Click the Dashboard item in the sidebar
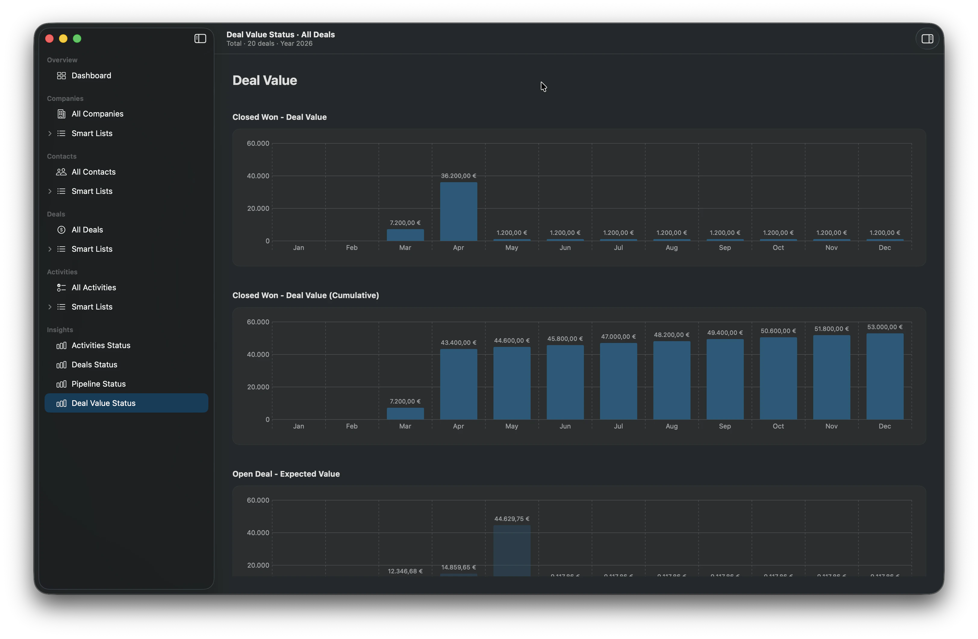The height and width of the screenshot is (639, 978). (x=91, y=76)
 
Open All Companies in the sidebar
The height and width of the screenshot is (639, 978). (x=97, y=114)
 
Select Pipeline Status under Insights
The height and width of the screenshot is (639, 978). (x=98, y=384)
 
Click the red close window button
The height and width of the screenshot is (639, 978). (x=49, y=39)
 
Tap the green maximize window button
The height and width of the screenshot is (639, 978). (x=77, y=39)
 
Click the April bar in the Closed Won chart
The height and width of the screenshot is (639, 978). (x=458, y=212)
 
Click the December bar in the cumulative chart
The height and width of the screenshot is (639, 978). (x=884, y=376)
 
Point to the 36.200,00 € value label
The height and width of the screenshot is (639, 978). (x=458, y=176)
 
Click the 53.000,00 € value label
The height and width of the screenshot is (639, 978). (x=884, y=327)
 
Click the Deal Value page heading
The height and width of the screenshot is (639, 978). (x=265, y=80)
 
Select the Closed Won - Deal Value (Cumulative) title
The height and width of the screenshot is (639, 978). (x=305, y=295)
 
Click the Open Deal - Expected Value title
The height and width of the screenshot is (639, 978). (x=286, y=474)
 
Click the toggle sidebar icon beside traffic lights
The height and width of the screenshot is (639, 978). (x=200, y=39)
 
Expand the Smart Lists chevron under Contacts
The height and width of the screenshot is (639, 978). (x=50, y=191)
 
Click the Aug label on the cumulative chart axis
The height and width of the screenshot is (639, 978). (x=671, y=426)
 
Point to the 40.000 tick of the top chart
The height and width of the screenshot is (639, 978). (x=258, y=176)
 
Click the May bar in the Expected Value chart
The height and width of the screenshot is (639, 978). (x=512, y=551)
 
